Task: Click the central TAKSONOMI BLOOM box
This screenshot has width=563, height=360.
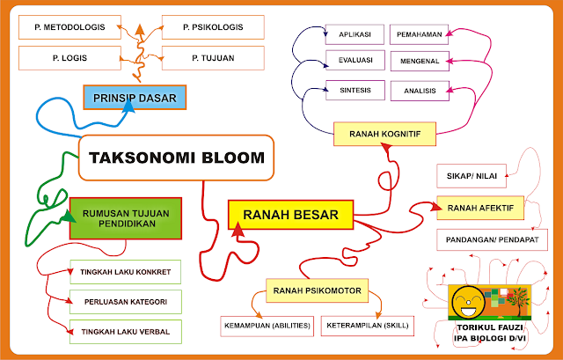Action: click(x=176, y=158)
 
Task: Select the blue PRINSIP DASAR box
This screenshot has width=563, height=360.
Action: click(x=129, y=98)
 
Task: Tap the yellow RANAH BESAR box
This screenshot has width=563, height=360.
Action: click(x=290, y=214)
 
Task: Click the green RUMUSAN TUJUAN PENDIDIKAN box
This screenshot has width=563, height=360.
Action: click(x=125, y=217)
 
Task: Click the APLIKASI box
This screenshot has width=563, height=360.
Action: click(x=355, y=35)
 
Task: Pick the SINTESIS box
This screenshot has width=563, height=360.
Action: click(x=355, y=90)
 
